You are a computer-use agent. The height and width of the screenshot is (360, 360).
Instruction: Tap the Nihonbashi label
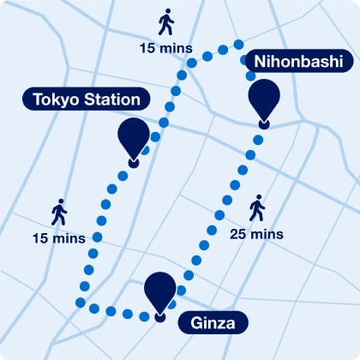(x=298, y=62)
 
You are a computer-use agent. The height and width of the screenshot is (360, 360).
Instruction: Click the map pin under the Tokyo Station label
(x=133, y=137)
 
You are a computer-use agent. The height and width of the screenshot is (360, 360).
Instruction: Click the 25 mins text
(x=257, y=233)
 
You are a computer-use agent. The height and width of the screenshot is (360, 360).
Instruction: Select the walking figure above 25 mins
(x=256, y=208)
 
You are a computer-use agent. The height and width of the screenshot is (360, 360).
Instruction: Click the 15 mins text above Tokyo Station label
(x=165, y=47)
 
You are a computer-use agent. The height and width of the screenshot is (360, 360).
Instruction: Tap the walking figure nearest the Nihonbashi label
(x=165, y=22)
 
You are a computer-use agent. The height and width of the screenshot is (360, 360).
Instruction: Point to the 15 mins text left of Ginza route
(x=58, y=237)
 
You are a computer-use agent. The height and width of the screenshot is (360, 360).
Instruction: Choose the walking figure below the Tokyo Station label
(x=58, y=212)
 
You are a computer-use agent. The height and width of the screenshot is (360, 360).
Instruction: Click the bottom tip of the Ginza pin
(x=160, y=318)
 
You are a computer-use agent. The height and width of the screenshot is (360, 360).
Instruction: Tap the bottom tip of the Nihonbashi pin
(x=263, y=126)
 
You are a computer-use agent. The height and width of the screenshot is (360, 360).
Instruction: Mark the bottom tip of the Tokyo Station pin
(x=133, y=163)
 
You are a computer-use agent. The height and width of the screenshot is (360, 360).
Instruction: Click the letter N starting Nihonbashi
(x=260, y=62)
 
